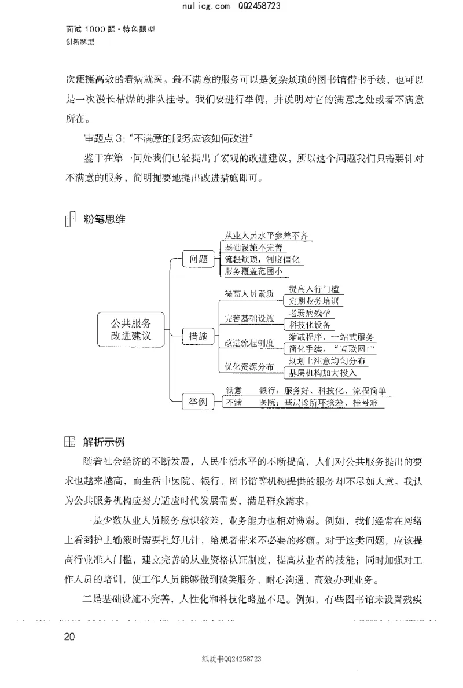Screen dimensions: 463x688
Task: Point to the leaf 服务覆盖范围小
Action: click(x=254, y=271)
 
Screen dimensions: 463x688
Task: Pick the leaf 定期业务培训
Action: click(x=315, y=301)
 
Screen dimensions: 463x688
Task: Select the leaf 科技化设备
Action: click(x=312, y=325)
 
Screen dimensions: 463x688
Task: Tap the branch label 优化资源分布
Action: click(x=249, y=366)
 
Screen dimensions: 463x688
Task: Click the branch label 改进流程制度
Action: click(x=249, y=343)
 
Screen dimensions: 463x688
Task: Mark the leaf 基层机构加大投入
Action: click(x=324, y=372)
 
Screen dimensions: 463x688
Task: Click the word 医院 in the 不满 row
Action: click(x=268, y=403)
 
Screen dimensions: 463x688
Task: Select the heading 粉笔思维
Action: click(x=105, y=219)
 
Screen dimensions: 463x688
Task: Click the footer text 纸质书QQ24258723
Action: click(x=232, y=659)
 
